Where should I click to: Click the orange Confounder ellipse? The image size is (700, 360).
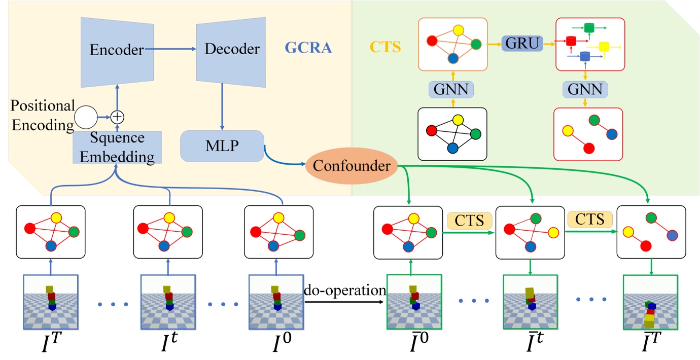[351, 166]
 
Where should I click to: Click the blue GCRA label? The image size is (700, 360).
[308, 48]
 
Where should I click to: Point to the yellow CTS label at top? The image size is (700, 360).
[386, 48]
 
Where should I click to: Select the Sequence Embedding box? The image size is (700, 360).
[117, 147]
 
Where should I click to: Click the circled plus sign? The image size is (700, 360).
[117, 116]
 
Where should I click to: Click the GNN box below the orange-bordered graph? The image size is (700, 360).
[451, 90]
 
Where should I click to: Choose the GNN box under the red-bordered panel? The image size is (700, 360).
[586, 90]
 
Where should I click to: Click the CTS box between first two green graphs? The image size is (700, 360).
[469, 220]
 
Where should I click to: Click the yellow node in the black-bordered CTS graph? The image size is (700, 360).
[458, 120]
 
